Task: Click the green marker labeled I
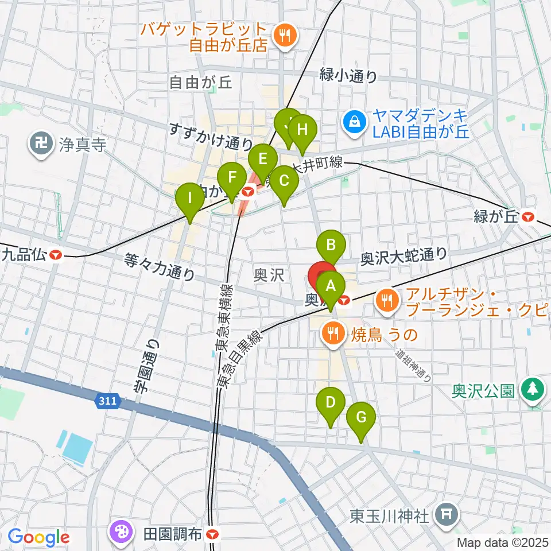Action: pyautogui.click(x=189, y=199)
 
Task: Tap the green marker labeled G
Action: pyautogui.click(x=360, y=418)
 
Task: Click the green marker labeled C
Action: pyautogui.click(x=284, y=181)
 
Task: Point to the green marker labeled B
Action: pyautogui.click(x=331, y=246)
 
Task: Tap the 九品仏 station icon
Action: pyautogui.click(x=56, y=254)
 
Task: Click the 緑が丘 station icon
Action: pyautogui.click(x=529, y=217)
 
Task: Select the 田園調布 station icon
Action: pyautogui.click(x=213, y=534)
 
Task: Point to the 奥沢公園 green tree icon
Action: pyautogui.click(x=532, y=391)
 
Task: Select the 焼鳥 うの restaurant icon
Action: pyautogui.click(x=332, y=333)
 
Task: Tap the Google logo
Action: pyautogui.click(x=38, y=538)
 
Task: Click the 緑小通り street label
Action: pyautogui.click(x=349, y=76)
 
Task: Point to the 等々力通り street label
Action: pyautogui.click(x=160, y=267)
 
